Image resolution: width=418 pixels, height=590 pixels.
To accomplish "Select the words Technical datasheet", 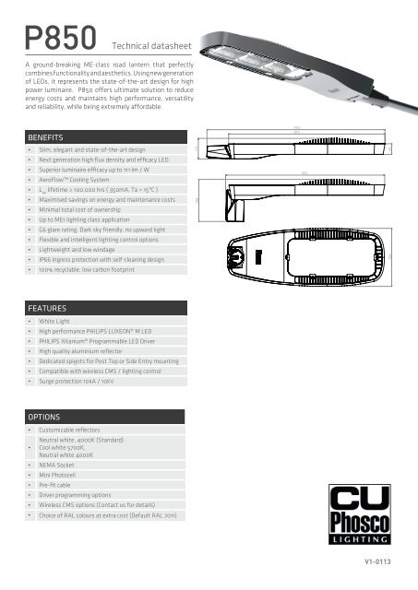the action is pyautogui.click(x=147, y=43).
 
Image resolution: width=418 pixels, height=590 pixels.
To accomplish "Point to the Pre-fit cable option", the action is pyautogui.click(x=58, y=494).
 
